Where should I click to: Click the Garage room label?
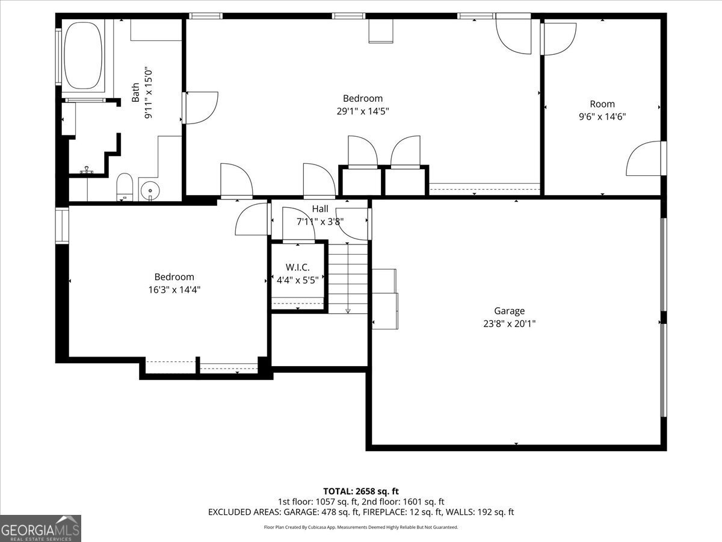509,311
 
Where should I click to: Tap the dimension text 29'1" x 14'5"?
362,111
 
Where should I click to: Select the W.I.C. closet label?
297,267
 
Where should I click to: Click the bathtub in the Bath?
84,55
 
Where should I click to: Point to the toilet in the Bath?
125,186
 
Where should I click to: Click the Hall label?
320,209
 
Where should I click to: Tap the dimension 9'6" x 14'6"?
602,117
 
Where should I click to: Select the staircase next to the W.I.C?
348,277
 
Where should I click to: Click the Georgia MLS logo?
41,528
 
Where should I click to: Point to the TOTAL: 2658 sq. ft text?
361,491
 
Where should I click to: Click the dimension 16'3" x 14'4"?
174,290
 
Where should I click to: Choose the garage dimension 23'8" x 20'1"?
509,323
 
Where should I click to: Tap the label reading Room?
602,104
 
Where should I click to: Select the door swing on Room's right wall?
645,159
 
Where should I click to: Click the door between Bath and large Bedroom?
200,108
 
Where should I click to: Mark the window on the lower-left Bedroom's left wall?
62,226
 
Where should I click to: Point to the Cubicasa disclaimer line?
361,527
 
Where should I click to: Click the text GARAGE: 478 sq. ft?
325,512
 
